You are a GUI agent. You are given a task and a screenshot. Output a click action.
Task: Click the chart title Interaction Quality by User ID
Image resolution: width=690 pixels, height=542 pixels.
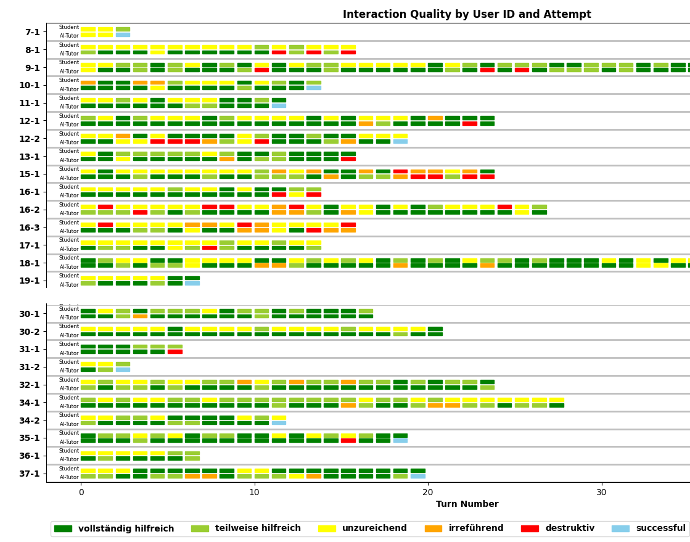point(466,14)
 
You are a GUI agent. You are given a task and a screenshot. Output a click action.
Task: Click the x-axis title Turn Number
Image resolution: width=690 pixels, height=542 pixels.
point(467,504)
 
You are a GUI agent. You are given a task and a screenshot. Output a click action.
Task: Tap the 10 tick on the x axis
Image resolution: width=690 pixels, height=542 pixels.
point(254,491)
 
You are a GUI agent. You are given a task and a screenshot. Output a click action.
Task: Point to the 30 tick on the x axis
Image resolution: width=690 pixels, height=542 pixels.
point(601,491)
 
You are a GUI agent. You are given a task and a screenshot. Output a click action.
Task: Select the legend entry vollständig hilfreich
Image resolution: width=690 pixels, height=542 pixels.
point(113,528)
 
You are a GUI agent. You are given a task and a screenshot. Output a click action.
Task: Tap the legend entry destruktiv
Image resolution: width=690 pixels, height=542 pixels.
point(560,528)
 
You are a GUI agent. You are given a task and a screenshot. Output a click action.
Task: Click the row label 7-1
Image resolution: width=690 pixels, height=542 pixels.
point(33,32)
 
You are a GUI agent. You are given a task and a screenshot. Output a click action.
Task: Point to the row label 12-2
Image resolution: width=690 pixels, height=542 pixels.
point(30,139)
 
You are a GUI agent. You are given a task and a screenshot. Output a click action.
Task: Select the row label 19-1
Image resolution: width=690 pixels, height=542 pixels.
point(30,281)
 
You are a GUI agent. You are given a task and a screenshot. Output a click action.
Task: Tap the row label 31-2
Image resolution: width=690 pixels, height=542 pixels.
point(30,367)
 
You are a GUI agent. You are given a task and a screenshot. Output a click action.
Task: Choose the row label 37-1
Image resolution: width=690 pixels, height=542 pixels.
point(30,474)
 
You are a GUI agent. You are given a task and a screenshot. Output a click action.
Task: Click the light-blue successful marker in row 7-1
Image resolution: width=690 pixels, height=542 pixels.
point(123,35)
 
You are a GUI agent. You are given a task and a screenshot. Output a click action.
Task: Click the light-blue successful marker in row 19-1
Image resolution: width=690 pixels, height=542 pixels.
point(192,283)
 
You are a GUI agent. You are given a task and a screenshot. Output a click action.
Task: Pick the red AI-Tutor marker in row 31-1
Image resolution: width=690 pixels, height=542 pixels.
point(175,351)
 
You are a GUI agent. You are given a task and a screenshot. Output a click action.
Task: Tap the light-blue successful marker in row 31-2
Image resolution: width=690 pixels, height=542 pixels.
point(123,369)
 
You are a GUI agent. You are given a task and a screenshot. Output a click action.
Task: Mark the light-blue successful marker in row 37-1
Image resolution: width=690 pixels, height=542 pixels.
point(418,476)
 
